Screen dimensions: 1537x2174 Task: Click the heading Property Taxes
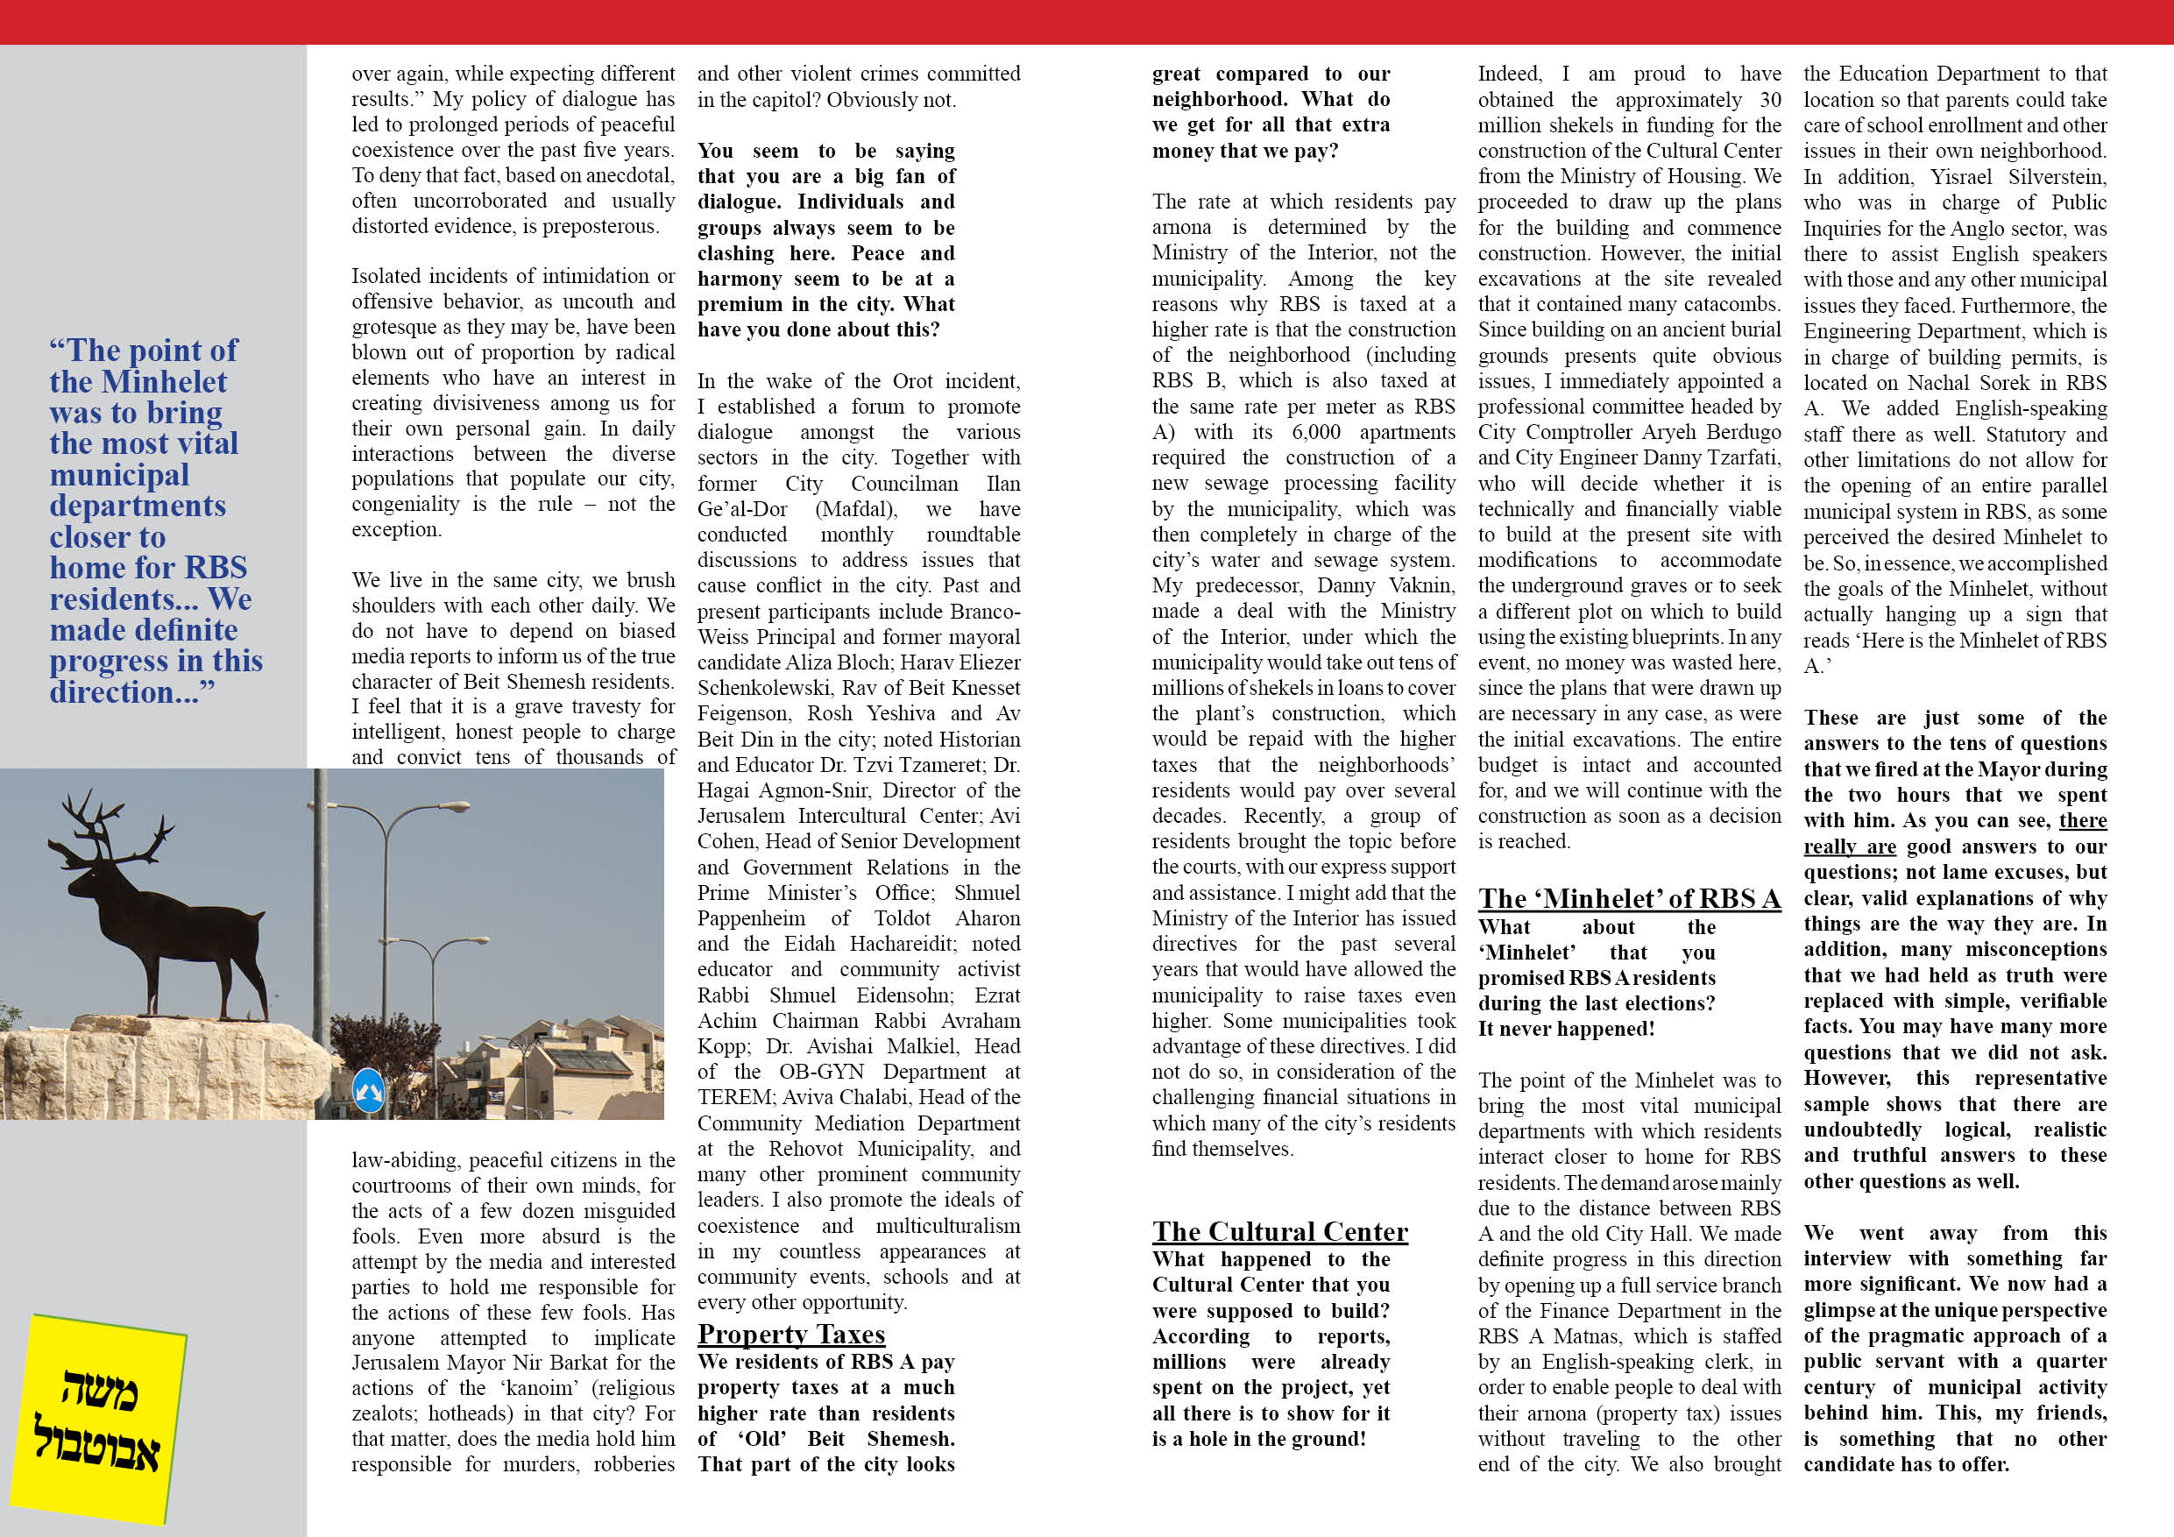click(x=790, y=1335)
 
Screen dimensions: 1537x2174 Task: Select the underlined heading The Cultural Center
click(x=1279, y=1231)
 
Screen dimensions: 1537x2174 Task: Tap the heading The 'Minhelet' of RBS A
click(x=1629, y=899)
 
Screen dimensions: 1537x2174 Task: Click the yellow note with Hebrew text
click(x=98, y=1418)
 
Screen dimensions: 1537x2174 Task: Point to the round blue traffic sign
click(x=368, y=1090)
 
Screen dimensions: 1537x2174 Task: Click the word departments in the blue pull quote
click(x=138, y=506)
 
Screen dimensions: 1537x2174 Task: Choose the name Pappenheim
click(x=751, y=918)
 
